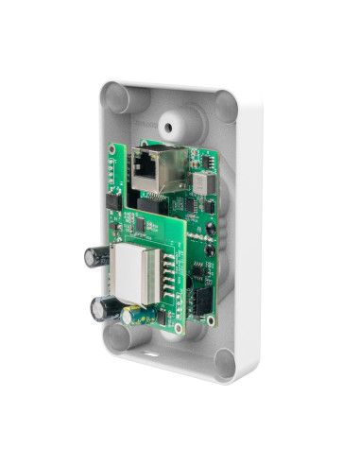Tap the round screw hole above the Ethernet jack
pyautogui.click(x=170, y=124)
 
